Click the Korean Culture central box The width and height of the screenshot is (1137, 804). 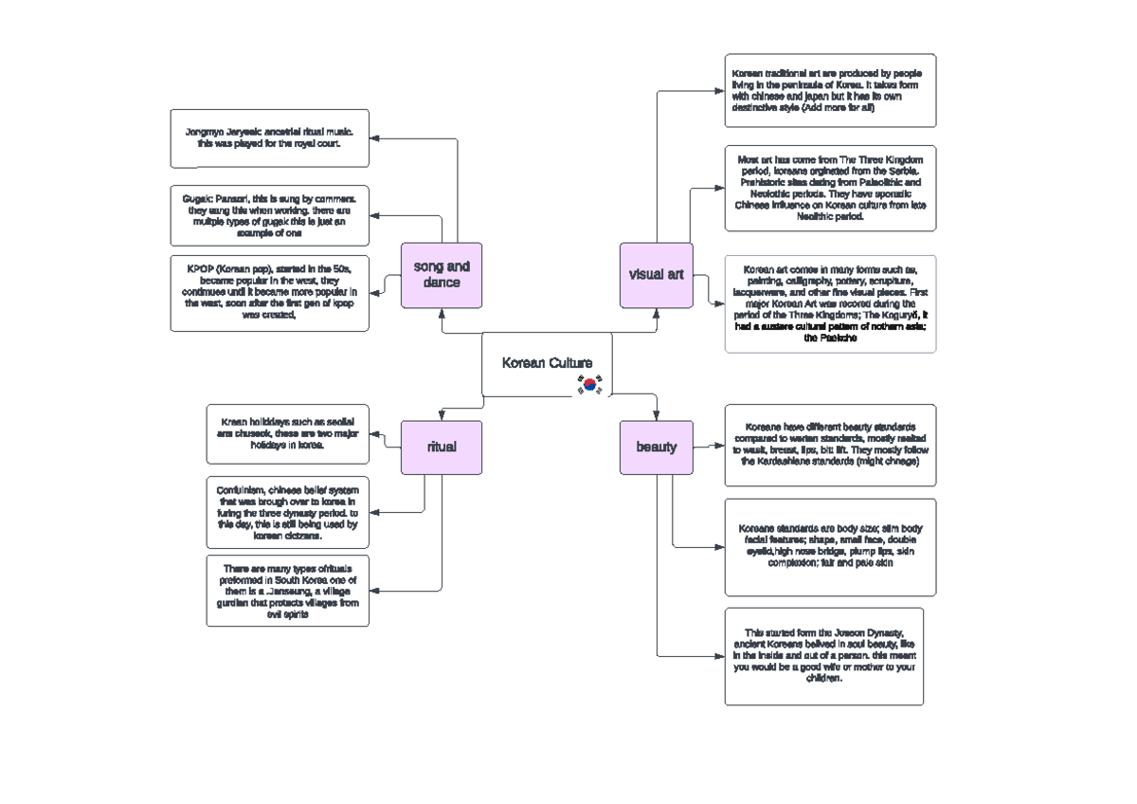point(546,364)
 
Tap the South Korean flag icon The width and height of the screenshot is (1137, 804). point(589,385)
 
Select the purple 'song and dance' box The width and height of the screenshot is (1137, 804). point(442,275)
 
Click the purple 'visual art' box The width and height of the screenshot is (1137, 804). point(656,275)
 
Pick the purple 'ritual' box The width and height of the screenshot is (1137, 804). point(442,447)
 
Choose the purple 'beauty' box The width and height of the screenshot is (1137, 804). point(656,447)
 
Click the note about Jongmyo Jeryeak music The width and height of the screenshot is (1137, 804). point(269,137)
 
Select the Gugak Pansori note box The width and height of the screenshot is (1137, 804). point(269,215)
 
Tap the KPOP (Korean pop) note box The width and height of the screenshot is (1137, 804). point(269,293)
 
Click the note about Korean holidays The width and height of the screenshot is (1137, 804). point(287,433)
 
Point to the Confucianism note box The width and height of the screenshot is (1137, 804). point(287,512)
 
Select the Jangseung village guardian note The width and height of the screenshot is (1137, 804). point(287,591)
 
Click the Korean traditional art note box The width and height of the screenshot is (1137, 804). point(830,90)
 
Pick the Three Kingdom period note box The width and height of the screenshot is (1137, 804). point(830,188)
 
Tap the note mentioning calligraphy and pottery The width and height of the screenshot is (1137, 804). point(830,303)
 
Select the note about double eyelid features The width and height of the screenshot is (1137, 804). point(830,546)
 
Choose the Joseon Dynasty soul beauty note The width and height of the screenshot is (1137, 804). point(823,656)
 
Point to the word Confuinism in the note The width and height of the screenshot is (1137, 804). point(241,489)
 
